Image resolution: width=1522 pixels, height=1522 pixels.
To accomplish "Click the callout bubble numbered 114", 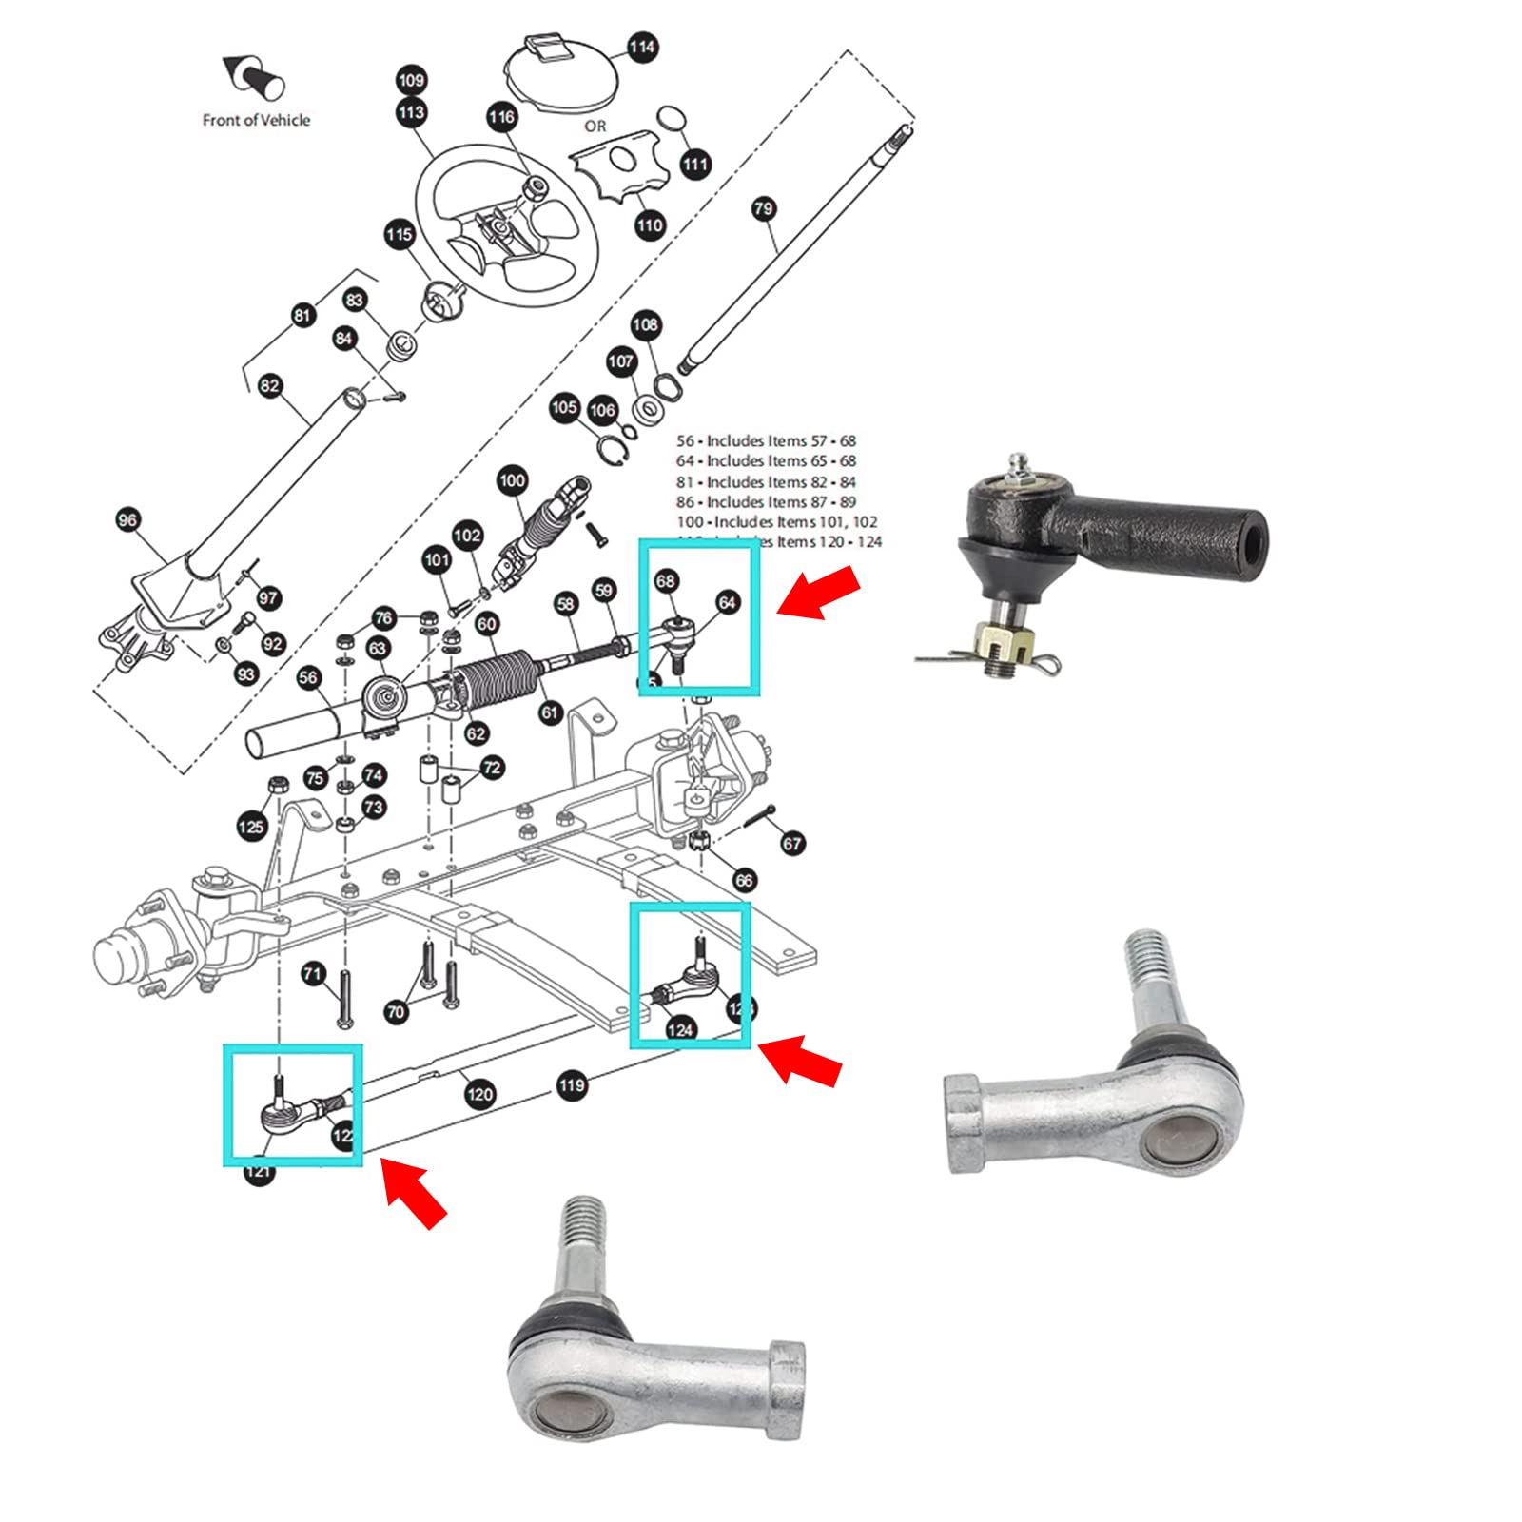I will tap(642, 47).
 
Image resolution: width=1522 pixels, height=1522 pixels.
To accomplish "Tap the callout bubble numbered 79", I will tap(764, 208).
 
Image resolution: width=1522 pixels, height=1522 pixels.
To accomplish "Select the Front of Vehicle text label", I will tap(256, 120).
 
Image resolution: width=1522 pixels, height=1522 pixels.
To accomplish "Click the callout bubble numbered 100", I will tap(512, 480).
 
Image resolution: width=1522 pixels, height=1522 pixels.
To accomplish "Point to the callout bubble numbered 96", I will tap(127, 519).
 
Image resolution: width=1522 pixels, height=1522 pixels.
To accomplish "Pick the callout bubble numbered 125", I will tap(251, 826).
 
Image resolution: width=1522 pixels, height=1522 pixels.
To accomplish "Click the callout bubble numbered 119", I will tap(571, 1085).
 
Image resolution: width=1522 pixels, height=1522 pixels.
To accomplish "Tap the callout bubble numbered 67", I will tap(792, 843).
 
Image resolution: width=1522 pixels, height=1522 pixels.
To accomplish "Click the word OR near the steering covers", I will tap(595, 126).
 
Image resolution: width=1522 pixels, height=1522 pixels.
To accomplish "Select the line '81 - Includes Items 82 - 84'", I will tap(766, 481).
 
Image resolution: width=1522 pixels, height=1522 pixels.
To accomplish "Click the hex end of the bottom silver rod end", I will tap(789, 1389).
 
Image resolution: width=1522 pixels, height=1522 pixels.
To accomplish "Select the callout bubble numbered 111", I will tap(695, 165).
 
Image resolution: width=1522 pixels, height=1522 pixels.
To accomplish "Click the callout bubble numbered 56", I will tap(308, 677).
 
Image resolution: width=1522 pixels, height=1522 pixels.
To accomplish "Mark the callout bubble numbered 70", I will tap(397, 1012).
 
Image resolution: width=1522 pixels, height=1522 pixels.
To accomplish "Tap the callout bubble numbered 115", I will tap(400, 234).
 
